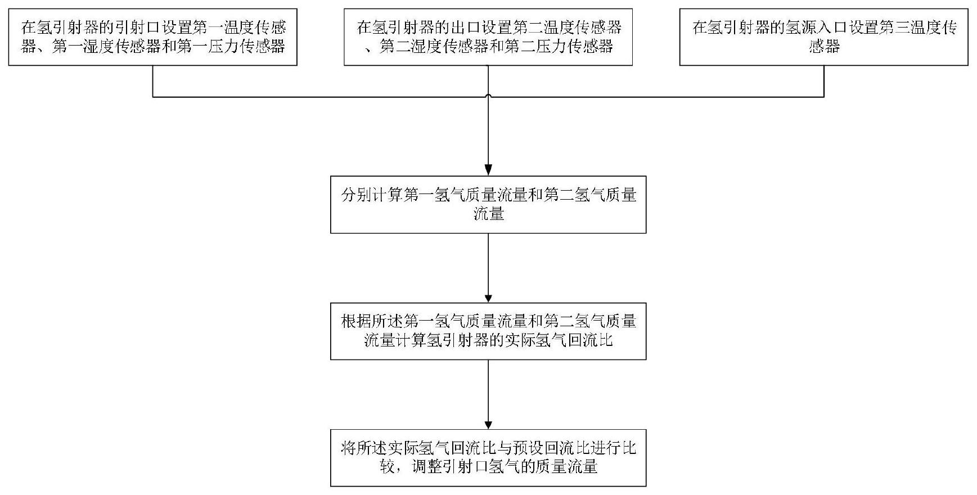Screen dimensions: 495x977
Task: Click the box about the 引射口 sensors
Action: tap(152, 37)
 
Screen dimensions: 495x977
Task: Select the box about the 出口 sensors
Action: tap(488, 37)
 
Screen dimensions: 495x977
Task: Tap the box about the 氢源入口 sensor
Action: tap(823, 37)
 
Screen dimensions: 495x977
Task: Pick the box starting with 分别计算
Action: tap(488, 204)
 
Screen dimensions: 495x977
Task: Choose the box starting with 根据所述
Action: tap(488, 331)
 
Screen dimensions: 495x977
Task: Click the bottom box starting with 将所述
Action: tap(488, 458)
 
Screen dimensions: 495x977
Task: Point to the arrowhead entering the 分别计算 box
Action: tap(488, 170)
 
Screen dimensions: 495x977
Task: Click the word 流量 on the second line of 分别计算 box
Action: tap(488, 214)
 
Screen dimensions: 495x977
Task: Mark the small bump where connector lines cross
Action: tap(488, 96)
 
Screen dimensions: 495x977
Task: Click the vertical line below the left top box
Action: tap(153, 81)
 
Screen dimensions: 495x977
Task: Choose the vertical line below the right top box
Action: tap(824, 81)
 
